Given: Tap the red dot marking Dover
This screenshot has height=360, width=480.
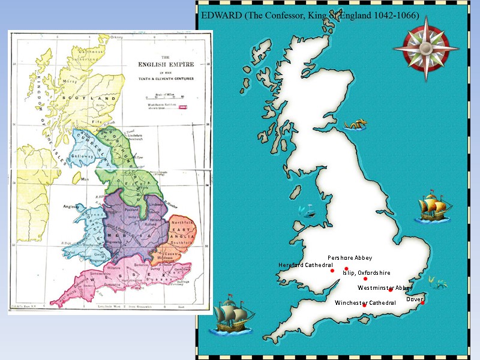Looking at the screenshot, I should pos(422,303).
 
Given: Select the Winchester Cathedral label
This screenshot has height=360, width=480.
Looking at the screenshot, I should pos(365,302).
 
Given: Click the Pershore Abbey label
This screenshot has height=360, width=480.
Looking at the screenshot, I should pos(350,258).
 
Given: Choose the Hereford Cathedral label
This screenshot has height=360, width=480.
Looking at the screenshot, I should pos(305,265).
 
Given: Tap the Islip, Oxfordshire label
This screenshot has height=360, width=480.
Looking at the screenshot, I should pos(367,272).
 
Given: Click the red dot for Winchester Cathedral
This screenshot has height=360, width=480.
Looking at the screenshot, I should pos(365,306).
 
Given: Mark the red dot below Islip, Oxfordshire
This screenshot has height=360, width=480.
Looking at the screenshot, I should pos(365,278).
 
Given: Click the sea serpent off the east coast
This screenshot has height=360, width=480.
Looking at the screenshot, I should pos(356,125).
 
